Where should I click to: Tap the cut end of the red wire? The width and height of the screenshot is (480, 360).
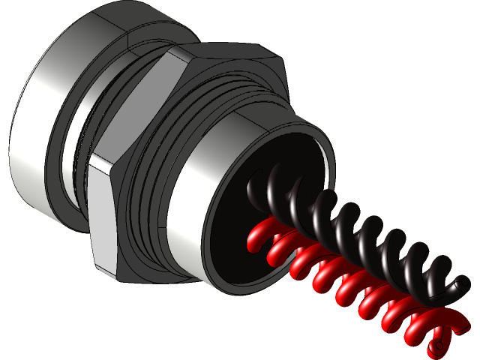pyautogui.click(x=436, y=349)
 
